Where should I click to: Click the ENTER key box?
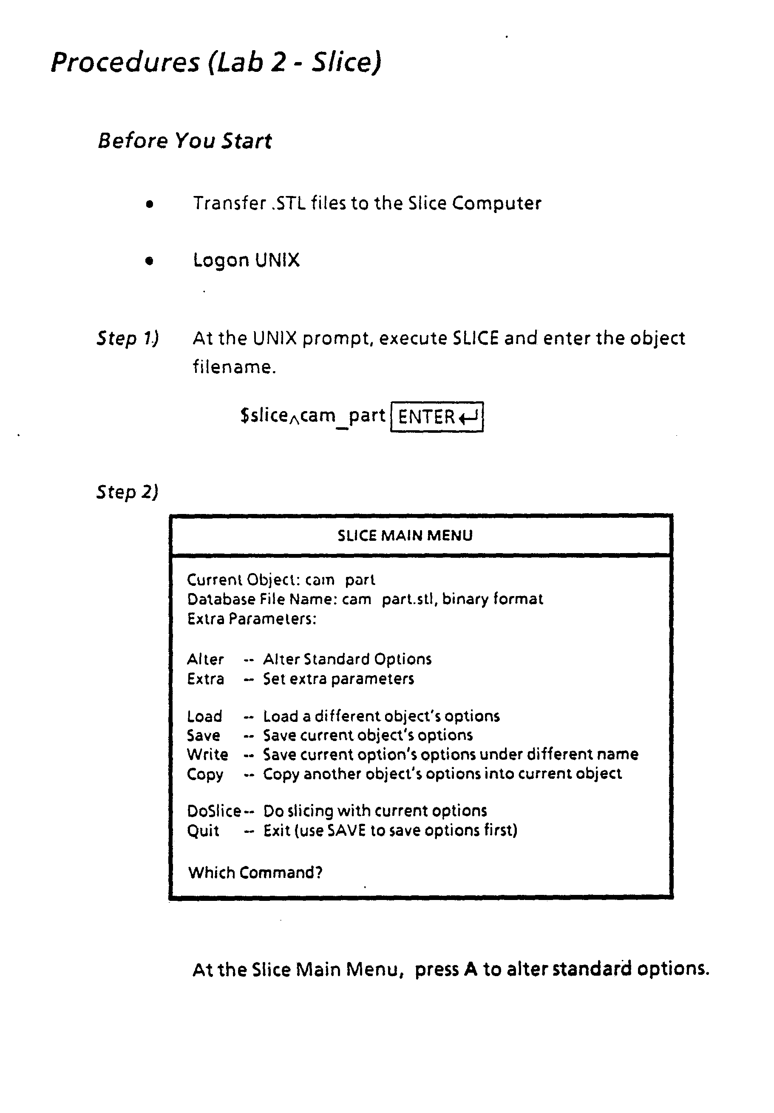(x=437, y=417)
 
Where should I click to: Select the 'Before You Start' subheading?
(x=184, y=141)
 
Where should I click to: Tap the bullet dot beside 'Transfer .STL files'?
(x=149, y=204)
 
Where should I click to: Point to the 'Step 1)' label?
(x=128, y=338)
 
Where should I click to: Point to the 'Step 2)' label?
(x=128, y=492)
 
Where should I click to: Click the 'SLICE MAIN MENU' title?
(x=405, y=536)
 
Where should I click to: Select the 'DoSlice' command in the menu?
(x=214, y=811)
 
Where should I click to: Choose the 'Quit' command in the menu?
(x=203, y=831)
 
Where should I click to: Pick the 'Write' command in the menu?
(x=207, y=755)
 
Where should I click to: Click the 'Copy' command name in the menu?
(x=205, y=774)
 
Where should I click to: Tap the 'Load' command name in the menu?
(x=204, y=716)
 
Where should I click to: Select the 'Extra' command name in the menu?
(x=205, y=679)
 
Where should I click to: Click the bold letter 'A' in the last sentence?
(x=470, y=969)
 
